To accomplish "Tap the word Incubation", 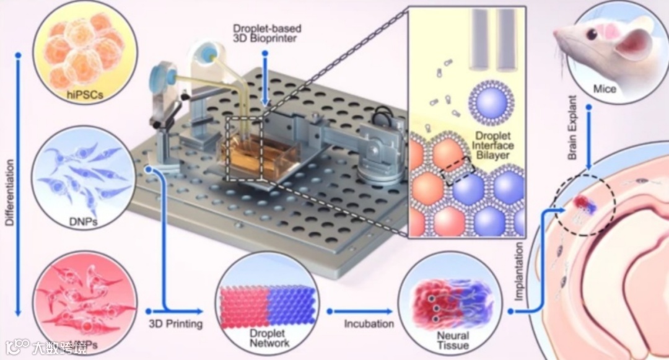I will [x=369, y=323].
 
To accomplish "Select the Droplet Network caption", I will [x=269, y=338].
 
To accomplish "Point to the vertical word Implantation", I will [x=519, y=271].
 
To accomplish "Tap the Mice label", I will [x=604, y=89].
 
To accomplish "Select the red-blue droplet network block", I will [x=268, y=305].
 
